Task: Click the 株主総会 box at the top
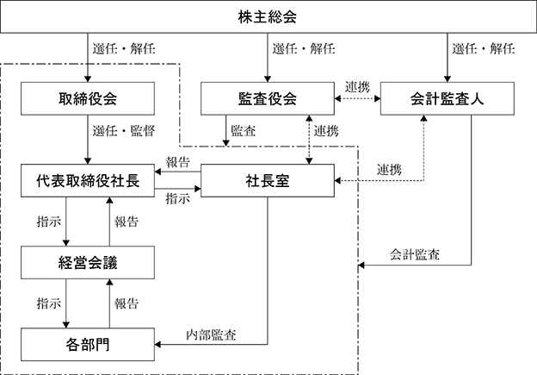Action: [x=268, y=17]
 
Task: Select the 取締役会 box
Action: [x=88, y=98]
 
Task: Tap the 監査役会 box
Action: [x=268, y=98]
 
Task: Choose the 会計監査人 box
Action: [x=447, y=98]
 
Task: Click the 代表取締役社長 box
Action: [x=88, y=180]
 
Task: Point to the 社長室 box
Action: [x=268, y=180]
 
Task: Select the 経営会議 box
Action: [x=88, y=262]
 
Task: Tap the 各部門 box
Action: [x=88, y=345]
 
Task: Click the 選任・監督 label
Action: [x=124, y=131]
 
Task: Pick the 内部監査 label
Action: [x=211, y=334]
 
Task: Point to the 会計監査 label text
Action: [x=415, y=254]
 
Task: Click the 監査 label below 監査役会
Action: [x=244, y=131]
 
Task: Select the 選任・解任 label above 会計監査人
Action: [x=484, y=49]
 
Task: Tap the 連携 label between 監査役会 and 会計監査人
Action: [x=357, y=87]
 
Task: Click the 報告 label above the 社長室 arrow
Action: [x=177, y=162]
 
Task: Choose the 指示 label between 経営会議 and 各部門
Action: [x=49, y=303]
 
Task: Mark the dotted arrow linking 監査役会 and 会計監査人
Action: [x=357, y=99]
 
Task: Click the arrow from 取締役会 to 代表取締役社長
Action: [x=88, y=140]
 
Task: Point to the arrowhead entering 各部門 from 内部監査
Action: [x=157, y=345]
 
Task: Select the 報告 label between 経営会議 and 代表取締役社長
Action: [x=127, y=222]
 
